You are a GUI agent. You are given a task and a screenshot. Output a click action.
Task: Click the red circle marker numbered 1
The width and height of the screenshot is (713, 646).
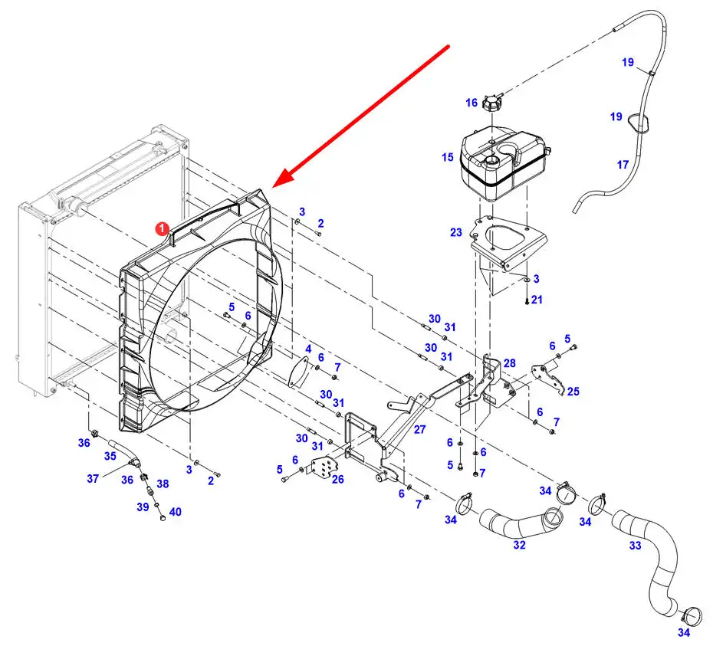tap(163, 229)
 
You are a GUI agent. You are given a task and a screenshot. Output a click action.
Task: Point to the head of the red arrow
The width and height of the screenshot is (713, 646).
tap(272, 187)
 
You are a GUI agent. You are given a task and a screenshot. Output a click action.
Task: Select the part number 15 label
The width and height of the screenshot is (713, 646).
tap(448, 157)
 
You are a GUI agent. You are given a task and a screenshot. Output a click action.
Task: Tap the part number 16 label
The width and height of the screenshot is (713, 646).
tap(472, 103)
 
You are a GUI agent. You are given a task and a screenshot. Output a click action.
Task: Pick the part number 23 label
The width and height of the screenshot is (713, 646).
tap(456, 232)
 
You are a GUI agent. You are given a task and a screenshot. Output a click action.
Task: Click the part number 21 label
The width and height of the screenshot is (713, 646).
tap(537, 300)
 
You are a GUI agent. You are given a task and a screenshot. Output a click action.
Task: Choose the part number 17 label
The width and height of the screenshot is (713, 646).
tap(623, 165)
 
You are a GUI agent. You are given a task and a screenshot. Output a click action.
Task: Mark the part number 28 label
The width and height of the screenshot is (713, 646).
tap(510, 362)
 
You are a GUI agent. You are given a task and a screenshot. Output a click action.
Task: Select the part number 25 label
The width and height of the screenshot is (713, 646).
tap(573, 392)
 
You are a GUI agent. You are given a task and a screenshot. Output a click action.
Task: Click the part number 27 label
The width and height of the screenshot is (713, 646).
tap(419, 429)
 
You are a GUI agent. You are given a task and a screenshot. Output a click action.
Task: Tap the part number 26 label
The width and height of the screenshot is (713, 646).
tap(337, 479)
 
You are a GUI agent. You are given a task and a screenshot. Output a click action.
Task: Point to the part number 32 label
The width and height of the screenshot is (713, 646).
tap(519, 545)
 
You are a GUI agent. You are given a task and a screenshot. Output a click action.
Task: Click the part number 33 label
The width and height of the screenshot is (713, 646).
tap(636, 545)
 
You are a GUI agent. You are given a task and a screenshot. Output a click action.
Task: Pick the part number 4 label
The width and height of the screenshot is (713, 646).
tap(308, 349)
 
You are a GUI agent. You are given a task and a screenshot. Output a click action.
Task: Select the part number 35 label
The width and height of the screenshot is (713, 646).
tap(110, 456)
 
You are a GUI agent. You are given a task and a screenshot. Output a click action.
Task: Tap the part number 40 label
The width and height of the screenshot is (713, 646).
tap(175, 512)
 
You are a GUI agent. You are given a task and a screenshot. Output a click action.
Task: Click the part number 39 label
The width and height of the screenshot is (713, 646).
tap(143, 507)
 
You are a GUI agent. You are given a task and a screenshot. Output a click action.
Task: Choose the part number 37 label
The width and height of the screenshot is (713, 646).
tap(93, 478)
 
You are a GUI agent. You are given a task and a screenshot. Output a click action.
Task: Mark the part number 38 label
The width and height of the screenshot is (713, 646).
tap(163, 484)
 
